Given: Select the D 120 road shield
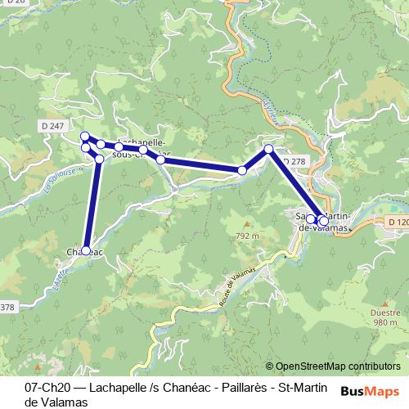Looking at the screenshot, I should coord(397,222).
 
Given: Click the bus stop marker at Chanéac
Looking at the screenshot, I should coord(86,250).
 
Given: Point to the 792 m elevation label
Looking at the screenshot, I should coord(247,236).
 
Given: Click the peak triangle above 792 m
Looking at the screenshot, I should coord(246,223).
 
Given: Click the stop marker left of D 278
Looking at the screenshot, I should coord(268,149).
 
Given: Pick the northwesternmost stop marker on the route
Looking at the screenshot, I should coord(84,136).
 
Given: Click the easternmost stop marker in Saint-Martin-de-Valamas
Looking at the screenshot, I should coord(324,221).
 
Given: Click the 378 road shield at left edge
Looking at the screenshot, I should coord(7,308).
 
